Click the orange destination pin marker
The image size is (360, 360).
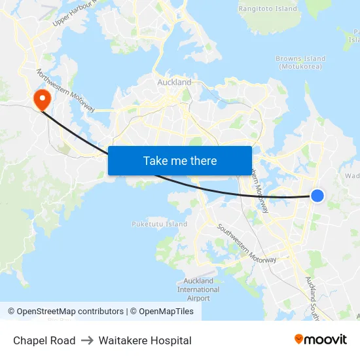43,99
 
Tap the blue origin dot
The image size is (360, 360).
317,195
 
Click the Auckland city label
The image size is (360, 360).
174,82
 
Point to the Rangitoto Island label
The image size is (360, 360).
267,9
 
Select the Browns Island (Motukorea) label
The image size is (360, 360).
300,63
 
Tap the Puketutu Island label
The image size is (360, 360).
159,224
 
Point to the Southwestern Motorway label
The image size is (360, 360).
247,243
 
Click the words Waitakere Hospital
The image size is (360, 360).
145,340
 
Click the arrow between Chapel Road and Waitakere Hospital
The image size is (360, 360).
87,340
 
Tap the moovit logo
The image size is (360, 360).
320,340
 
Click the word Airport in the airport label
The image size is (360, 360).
198,298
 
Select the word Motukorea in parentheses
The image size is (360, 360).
300,67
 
